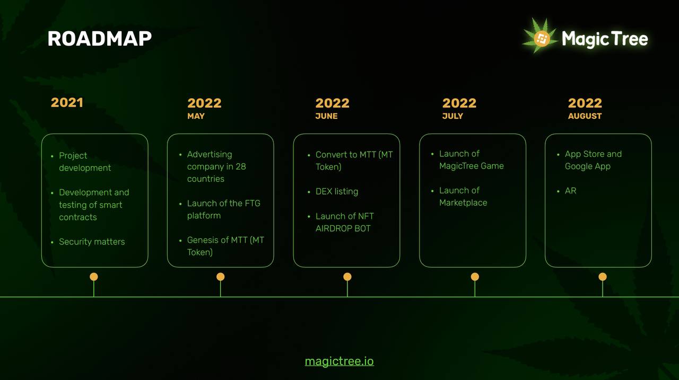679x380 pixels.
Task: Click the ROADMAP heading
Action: tap(99, 39)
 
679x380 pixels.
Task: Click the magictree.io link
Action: tap(339, 361)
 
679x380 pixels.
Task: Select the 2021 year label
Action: tap(67, 103)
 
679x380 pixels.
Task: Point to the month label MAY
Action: tap(196, 116)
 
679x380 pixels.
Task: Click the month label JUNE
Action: tap(326, 116)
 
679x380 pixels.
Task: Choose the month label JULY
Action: tap(452, 116)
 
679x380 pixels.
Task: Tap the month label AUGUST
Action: tap(585, 116)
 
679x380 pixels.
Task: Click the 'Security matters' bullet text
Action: tap(92, 242)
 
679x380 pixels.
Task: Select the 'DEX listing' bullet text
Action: tap(337, 191)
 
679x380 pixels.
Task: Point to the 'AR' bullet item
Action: tap(570, 191)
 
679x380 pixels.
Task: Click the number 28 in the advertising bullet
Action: tap(241, 166)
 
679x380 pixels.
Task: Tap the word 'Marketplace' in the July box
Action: tap(463, 202)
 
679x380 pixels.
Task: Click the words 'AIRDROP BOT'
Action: tap(343, 228)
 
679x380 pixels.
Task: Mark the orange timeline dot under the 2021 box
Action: tap(94, 277)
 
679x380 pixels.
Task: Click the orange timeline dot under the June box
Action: tap(347, 277)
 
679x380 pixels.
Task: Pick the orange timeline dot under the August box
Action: tap(603, 277)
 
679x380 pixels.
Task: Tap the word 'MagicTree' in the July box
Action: tap(458, 166)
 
